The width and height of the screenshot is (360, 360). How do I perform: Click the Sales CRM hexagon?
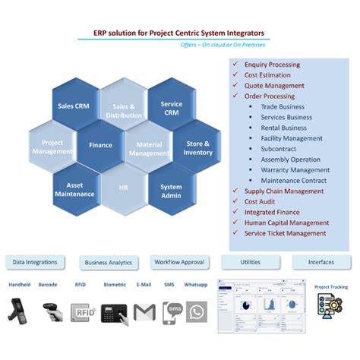pos(74,106)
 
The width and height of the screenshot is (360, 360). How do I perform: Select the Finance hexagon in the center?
pos(100,145)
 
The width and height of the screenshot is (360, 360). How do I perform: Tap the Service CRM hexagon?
pos(172,108)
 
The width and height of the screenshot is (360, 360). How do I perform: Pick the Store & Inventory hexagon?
pos(197,147)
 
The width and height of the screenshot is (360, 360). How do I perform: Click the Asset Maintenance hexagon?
pos(74,188)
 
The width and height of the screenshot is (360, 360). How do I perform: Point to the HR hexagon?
pos(123,187)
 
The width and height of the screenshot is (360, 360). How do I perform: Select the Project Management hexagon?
pos(52,147)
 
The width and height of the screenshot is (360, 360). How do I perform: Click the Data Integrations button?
pos(35,262)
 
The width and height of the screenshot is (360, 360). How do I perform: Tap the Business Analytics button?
pos(108,263)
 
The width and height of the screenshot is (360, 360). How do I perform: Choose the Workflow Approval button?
pos(179,262)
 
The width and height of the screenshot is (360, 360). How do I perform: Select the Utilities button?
pos(250,261)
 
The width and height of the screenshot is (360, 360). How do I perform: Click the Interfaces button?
pos(321,262)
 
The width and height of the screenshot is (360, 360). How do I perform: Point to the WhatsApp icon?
pos(197,312)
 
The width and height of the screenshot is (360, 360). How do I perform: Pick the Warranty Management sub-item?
pos(295,169)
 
